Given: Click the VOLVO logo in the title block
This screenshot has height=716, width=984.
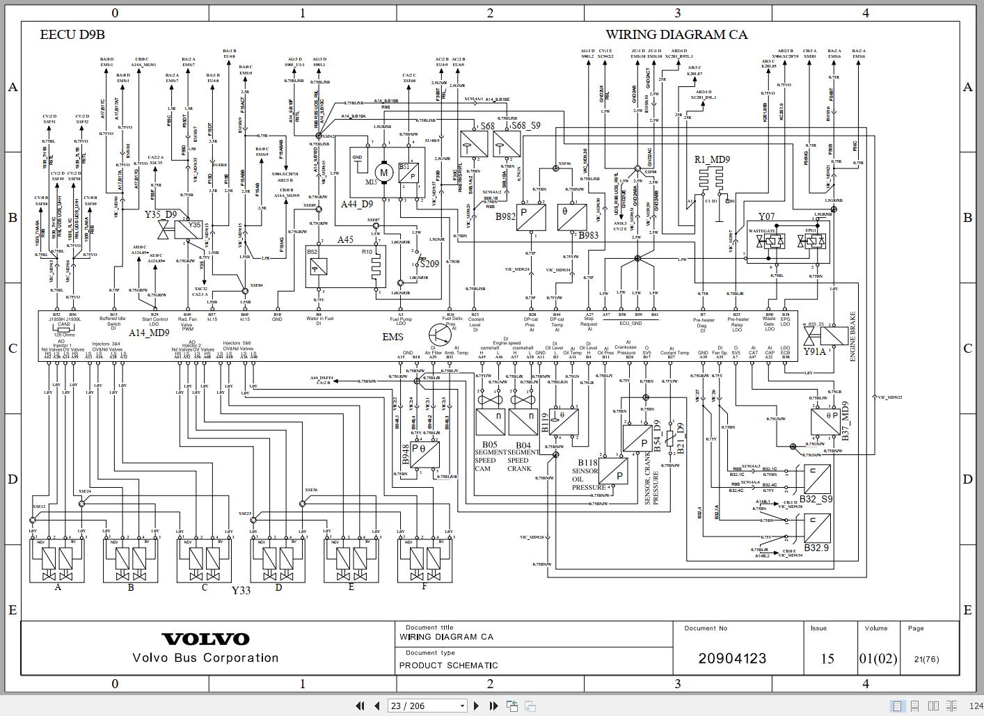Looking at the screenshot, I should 205,639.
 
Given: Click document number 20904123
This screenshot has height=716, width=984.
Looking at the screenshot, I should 732,658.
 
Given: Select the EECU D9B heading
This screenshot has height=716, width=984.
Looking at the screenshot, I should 72,34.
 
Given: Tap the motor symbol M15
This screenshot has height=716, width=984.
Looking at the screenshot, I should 383,172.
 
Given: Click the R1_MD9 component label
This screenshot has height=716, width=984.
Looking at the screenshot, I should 712,159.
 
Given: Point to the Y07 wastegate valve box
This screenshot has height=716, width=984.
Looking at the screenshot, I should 788,241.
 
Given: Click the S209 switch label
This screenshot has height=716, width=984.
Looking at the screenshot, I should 429,264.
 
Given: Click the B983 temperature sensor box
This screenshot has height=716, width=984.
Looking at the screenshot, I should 571,217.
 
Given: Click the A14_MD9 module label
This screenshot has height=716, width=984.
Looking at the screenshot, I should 149,333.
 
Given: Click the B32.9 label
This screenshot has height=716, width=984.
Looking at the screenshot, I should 816,548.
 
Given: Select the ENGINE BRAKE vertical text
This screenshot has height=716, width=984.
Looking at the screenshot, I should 853,336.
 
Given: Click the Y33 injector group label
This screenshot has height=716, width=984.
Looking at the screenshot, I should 241,590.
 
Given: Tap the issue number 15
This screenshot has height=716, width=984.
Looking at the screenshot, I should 827,658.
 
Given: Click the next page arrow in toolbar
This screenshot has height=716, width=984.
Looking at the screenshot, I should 476,706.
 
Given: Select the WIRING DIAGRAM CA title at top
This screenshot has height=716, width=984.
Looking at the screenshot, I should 676,34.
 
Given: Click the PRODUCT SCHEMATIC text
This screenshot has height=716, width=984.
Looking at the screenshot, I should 448,665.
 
